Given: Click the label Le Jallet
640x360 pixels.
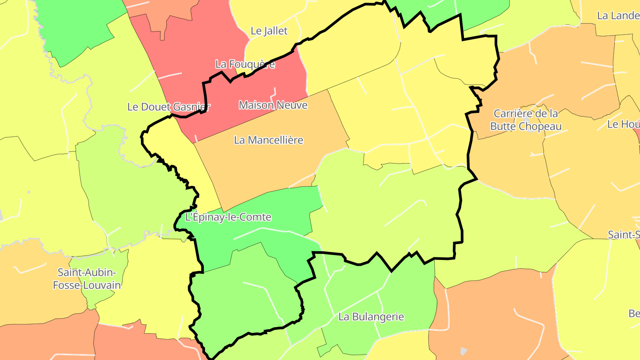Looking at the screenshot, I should tap(269, 31).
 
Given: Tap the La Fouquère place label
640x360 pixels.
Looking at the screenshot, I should tap(245, 64).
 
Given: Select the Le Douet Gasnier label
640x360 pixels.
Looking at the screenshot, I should tap(168, 107).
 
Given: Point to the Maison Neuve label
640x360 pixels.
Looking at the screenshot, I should tap(273, 105).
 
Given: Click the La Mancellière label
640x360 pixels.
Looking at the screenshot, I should tap(268, 140).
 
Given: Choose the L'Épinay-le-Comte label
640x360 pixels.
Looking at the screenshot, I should tap(228, 218).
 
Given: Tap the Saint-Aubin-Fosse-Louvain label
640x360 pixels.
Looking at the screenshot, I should tap(87, 279).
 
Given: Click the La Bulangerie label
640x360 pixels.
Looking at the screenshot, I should tap(371, 317).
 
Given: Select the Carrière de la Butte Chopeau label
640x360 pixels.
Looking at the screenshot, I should tap(526, 120).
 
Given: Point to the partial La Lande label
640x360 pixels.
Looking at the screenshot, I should tap(618, 16).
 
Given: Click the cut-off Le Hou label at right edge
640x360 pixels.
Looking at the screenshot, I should tap(623, 124).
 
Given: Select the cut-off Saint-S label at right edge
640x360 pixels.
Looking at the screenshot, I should tap(624, 234).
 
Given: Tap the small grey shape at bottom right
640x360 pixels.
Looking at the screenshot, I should tap(463, 351).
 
